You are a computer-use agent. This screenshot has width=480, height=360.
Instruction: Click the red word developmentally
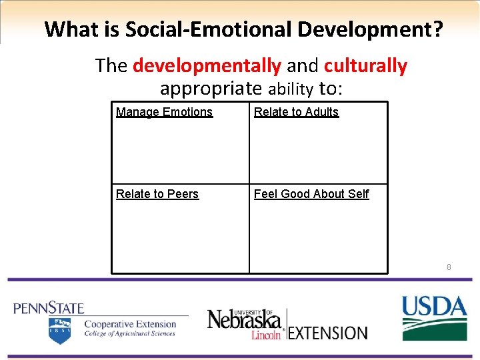click(207, 66)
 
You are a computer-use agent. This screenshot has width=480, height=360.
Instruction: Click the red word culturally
click(365, 66)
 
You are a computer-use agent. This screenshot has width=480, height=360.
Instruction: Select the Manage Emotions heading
click(164, 112)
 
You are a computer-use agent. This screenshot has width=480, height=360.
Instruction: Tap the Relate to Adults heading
click(296, 112)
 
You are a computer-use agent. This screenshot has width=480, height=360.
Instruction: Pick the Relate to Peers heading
click(157, 194)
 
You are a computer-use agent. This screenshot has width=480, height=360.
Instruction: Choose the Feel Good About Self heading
click(311, 194)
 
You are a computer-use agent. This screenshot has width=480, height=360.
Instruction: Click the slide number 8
click(449, 267)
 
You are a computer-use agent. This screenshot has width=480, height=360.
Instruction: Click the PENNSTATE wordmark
click(49, 308)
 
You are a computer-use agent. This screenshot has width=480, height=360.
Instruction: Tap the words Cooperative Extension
click(129, 324)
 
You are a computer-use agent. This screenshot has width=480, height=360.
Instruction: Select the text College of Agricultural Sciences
click(129, 334)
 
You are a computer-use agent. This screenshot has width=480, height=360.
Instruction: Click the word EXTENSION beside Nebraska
click(328, 333)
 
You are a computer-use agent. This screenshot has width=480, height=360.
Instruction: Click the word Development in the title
click(370, 29)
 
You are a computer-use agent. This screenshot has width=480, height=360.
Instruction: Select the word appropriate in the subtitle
click(211, 88)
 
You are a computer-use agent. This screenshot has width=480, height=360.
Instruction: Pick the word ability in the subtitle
click(291, 89)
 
